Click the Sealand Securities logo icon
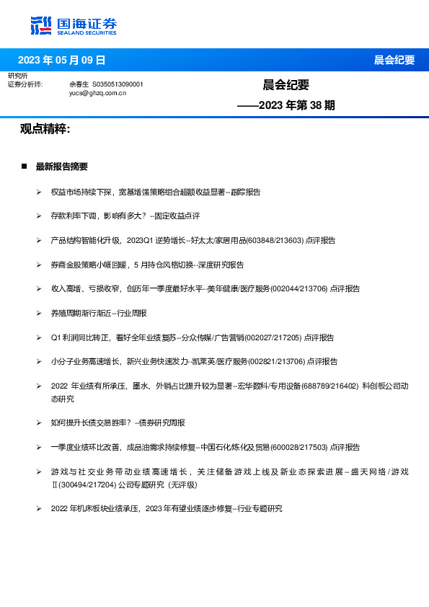click(x=41, y=26)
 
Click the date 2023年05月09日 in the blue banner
click(x=61, y=60)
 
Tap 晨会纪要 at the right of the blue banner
click(x=394, y=60)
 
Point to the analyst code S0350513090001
click(x=118, y=84)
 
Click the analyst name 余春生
click(x=79, y=84)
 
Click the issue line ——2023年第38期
click(x=286, y=105)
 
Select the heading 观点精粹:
click(x=45, y=129)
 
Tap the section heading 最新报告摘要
click(x=61, y=167)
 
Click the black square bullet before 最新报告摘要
click(x=24, y=167)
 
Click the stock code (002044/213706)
click(x=297, y=288)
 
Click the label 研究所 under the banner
click(x=18, y=76)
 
